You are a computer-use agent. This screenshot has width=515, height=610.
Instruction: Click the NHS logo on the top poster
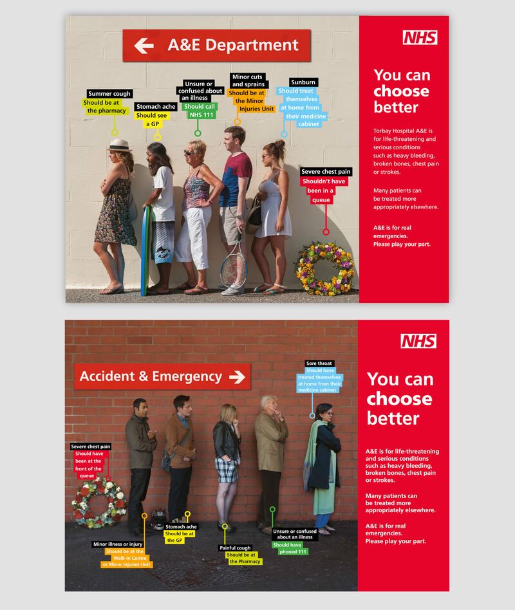420,37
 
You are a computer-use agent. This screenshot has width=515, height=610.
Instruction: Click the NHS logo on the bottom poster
418,341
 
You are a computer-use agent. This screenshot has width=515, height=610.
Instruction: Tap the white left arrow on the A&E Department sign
144,46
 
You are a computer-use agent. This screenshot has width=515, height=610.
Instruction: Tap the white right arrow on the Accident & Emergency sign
238,376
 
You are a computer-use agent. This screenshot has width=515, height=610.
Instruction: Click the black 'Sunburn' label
303,82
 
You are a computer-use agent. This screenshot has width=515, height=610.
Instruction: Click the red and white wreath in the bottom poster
93,502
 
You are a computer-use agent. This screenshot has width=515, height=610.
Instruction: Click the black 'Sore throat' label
319,363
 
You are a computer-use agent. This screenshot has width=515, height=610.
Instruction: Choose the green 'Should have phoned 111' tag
290,548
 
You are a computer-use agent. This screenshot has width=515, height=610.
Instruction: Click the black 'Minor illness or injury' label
118,544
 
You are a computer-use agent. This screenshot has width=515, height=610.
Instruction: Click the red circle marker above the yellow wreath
326,232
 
